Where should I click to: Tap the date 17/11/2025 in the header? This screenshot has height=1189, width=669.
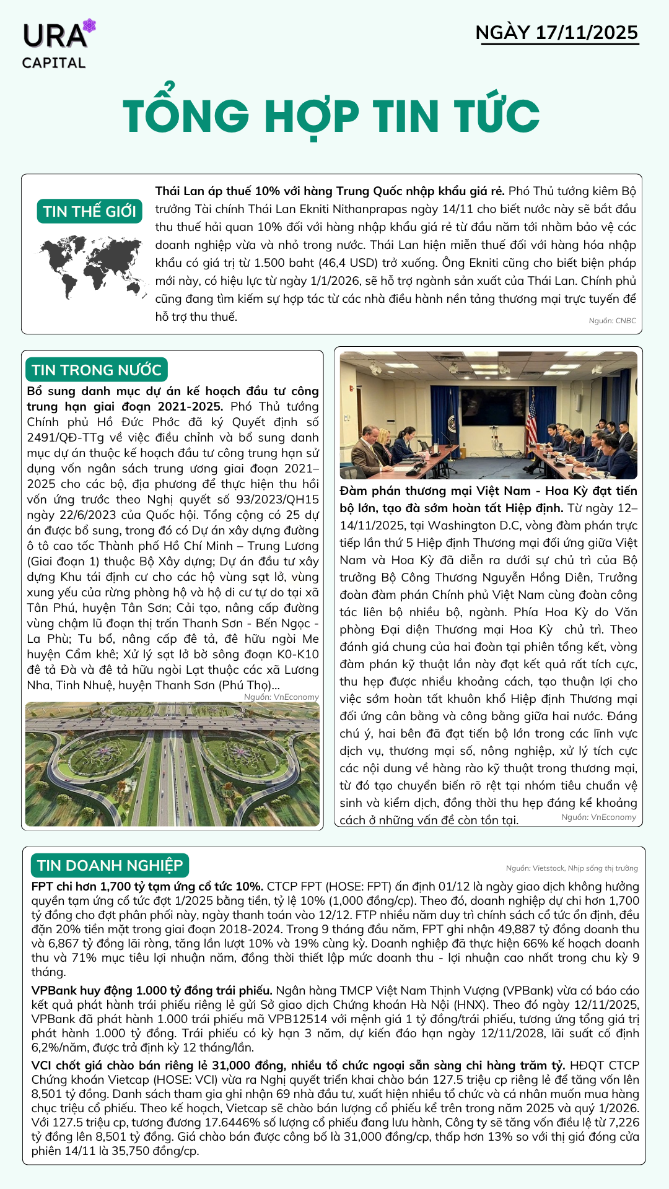point(586,33)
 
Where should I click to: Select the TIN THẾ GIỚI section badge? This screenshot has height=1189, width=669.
point(89,211)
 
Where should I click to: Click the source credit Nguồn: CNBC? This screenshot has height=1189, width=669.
point(612,321)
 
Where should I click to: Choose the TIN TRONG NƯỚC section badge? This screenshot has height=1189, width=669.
point(97,370)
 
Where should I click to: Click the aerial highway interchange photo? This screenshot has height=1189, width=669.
point(172,764)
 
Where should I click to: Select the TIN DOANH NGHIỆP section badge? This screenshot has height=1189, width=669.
point(110,865)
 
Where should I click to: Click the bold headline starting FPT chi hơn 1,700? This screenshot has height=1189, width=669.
point(147,886)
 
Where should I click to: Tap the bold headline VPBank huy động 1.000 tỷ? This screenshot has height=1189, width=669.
point(152,990)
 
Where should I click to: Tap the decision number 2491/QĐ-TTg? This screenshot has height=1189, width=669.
point(66,438)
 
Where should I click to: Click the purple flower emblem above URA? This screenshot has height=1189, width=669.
point(89,26)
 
